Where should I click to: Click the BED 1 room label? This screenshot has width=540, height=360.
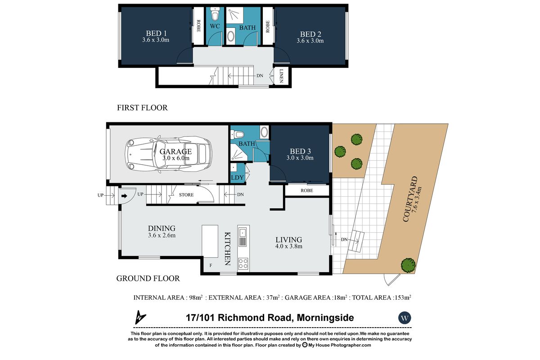(x=156, y=33)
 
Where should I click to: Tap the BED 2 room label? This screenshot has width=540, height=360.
(x=310, y=34)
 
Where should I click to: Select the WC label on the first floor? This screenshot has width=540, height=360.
(x=215, y=26)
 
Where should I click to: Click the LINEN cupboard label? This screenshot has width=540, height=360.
(x=281, y=76)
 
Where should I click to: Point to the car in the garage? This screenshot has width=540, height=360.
(x=168, y=154)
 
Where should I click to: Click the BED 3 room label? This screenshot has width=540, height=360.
(x=300, y=151)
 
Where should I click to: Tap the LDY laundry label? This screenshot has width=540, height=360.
(x=237, y=178)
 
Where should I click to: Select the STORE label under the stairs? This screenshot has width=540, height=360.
(x=186, y=195)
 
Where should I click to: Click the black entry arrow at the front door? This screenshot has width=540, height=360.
(x=124, y=196)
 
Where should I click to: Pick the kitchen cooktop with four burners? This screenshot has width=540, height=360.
(x=243, y=264)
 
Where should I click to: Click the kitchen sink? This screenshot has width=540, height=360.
(x=243, y=233)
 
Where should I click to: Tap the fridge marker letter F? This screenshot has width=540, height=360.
(x=211, y=265)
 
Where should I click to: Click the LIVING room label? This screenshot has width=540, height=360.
(x=289, y=240)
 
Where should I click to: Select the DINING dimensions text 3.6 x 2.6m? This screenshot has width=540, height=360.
(x=162, y=235)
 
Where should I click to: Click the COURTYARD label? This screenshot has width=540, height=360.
(x=410, y=199)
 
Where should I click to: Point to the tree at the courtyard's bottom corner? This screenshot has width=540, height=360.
(x=408, y=265)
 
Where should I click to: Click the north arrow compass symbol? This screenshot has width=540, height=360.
(x=140, y=317)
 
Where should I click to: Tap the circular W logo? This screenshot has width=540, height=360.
(x=405, y=318)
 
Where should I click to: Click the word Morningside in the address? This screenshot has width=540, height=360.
(x=325, y=318)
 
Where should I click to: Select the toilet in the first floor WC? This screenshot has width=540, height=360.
(x=215, y=14)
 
